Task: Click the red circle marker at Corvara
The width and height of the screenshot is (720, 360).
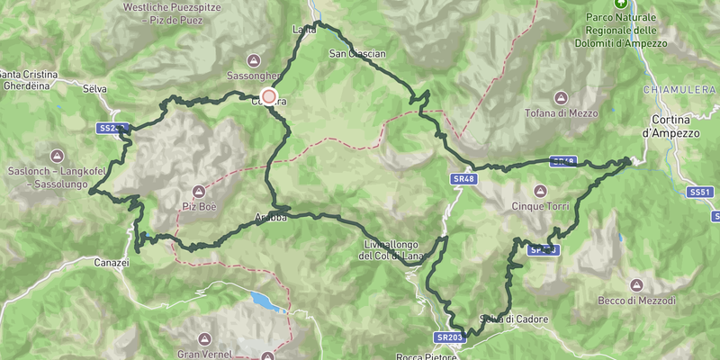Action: [x=268, y=96]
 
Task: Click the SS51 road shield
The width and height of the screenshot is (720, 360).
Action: [x=699, y=193]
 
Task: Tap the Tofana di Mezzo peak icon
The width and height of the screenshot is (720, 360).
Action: [x=561, y=97]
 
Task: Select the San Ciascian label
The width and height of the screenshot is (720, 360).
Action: [x=357, y=54]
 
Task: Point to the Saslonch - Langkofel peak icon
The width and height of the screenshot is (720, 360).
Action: [x=58, y=155]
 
